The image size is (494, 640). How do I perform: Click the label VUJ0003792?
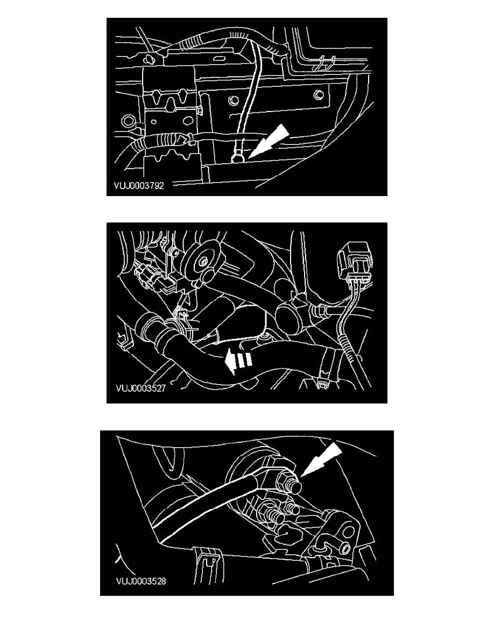click(x=139, y=186)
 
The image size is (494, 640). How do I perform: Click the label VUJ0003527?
click(x=140, y=388)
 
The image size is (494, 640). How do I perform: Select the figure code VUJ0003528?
click(x=141, y=581)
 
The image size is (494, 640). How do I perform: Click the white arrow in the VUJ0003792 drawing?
click(x=268, y=141)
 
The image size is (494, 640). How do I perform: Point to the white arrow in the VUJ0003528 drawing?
click(x=321, y=460)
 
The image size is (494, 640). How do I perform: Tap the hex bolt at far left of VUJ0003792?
click(x=128, y=121)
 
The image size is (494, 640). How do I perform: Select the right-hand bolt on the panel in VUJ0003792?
click(x=319, y=96)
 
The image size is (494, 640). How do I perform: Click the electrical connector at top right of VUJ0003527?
click(x=353, y=262)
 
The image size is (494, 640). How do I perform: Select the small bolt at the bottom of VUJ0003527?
click(x=322, y=384)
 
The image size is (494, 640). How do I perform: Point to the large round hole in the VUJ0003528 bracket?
click(x=349, y=532)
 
